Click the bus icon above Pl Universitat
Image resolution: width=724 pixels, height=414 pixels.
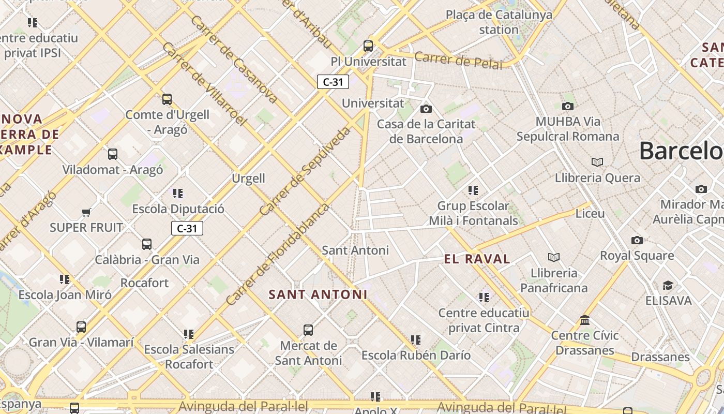point(368,46)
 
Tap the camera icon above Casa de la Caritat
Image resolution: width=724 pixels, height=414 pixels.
point(426,109)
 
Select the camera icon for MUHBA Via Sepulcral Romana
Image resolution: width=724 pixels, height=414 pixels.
point(568,107)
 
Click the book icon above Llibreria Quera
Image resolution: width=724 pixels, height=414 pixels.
point(597,162)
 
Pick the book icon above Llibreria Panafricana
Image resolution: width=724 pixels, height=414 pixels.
point(554,257)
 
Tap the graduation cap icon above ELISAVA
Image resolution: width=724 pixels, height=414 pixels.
point(668,286)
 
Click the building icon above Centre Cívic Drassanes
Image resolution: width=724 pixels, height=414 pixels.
point(585,320)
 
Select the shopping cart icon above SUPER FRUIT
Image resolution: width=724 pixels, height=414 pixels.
point(86,212)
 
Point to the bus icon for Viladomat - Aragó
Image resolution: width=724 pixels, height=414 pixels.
point(113,154)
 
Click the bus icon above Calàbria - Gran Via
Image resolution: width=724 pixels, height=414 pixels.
point(147,244)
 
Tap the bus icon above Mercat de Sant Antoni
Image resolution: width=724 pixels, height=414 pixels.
point(308,330)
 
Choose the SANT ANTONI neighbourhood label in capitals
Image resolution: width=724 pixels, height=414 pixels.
point(318,294)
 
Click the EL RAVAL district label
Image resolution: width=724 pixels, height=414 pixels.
point(477,259)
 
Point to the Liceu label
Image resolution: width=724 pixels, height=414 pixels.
point(590,213)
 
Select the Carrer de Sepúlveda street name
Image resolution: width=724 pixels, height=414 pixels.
point(305,171)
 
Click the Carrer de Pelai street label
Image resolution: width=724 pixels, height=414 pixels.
point(458,61)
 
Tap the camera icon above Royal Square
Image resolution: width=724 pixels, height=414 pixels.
point(637,240)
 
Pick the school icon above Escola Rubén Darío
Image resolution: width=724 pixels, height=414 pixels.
point(416,340)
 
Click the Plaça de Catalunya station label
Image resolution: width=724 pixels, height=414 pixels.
point(499,22)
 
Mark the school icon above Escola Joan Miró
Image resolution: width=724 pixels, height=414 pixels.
point(65,279)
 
